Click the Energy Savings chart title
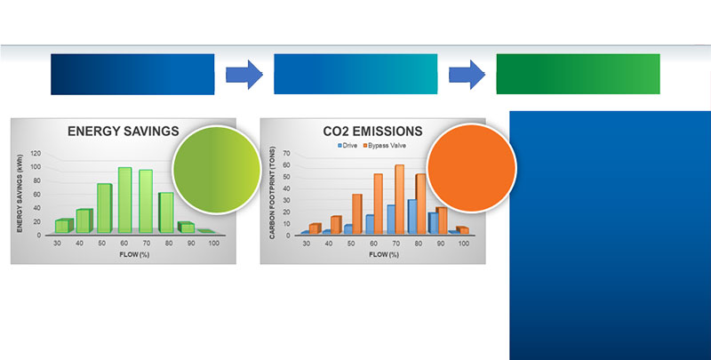tap(124, 132)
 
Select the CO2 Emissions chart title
tap(372, 132)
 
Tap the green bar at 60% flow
tap(125, 200)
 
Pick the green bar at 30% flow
tap(64, 226)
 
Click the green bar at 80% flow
tap(166, 212)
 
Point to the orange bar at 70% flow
tap(399, 199)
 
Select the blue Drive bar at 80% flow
tap(412, 216)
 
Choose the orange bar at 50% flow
tap(357, 213)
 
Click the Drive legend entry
tap(348, 146)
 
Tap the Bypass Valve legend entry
tap(385, 146)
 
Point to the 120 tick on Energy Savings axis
tap(36, 153)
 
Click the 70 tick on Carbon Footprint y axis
tap(286, 153)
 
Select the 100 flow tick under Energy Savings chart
tap(213, 243)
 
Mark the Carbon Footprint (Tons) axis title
tap(272, 192)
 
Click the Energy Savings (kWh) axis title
tap(20, 194)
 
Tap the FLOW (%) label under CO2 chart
tap(384, 254)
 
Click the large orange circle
tap(472, 168)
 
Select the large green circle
tap(217, 169)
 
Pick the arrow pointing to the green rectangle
tap(467, 75)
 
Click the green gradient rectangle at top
tap(579, 74)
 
